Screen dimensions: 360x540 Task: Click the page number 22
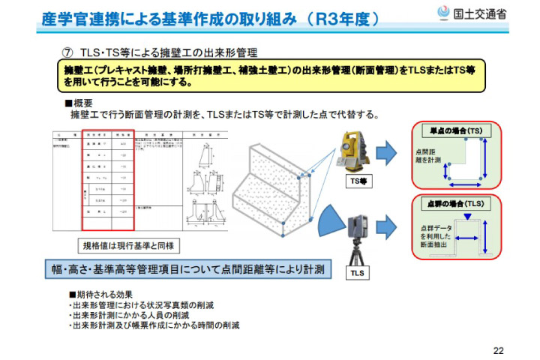tap(498, 349)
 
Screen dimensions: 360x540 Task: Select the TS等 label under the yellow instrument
tap(358, 181)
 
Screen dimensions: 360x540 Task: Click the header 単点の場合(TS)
tap(456, 130)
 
